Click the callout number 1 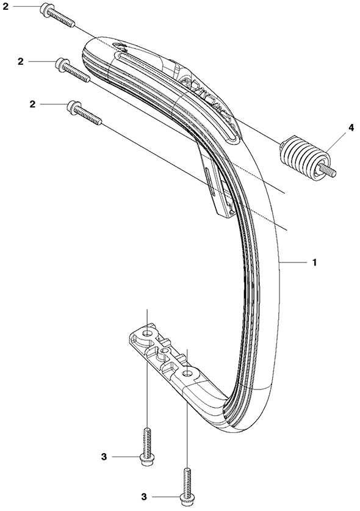click(314, 263)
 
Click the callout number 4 click(351, 128)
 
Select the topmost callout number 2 click(6, 7)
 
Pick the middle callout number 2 click(21, 61)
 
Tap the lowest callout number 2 click(32, 104)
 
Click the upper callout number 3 click(104, 457)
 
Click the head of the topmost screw click(45, 9)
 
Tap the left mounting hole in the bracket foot click(149, 333)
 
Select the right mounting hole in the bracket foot click(187, 372)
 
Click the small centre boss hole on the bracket click(165, 350)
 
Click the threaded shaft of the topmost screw click(62, 18)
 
